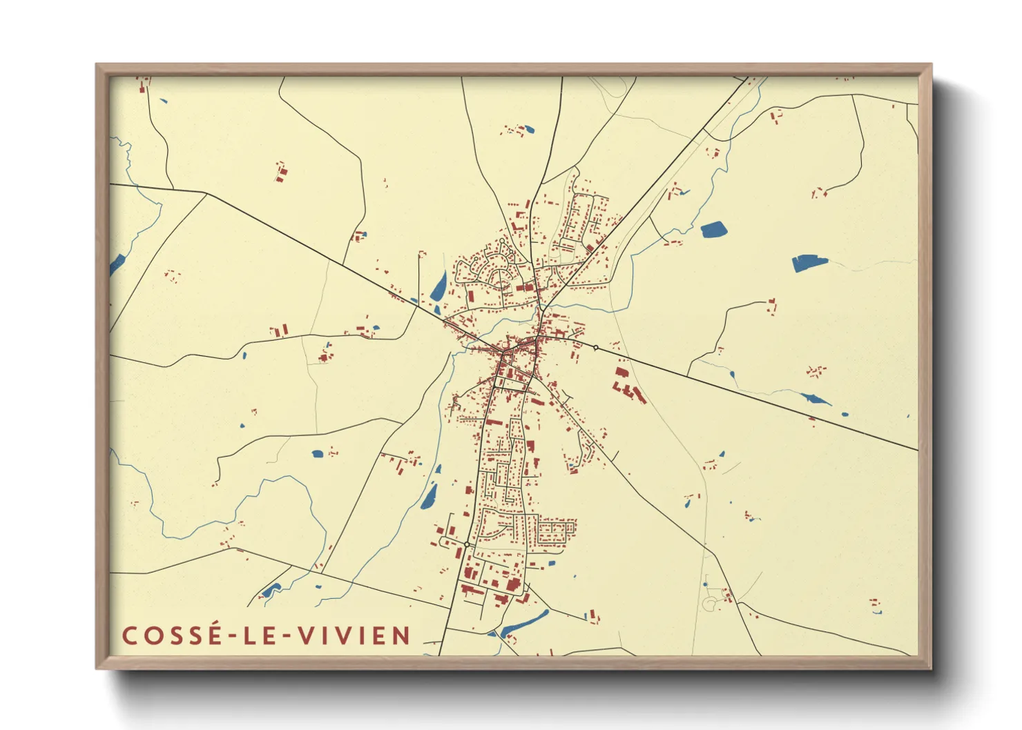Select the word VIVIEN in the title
354,635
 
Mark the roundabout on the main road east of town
595,348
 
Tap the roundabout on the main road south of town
467,545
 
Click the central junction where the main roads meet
505,353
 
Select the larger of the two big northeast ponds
809,262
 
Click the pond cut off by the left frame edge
116,264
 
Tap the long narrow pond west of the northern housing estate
438,286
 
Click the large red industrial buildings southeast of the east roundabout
628,386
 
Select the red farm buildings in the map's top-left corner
144,86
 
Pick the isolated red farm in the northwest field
280,172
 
